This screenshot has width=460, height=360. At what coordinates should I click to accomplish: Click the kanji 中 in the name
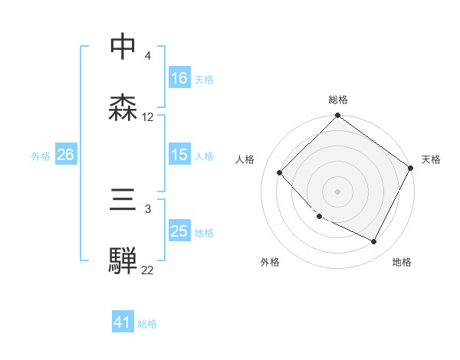(x=123, y=47)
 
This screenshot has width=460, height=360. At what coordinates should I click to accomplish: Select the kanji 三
(x=123, y=201)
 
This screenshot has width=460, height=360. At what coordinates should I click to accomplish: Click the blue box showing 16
(x=179, y=78)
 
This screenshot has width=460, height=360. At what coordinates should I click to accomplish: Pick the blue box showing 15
(x=179, y=155)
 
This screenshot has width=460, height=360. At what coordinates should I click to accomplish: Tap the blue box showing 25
(x=179, y=232)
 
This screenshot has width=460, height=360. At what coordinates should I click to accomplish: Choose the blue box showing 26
(x=65, y=155)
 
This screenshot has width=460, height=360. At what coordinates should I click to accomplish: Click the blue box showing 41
(x=123, y=323)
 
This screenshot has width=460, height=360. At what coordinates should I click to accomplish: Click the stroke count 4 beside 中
(x=147, y=56)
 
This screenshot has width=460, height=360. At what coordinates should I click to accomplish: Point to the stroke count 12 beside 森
(x=148, y=117)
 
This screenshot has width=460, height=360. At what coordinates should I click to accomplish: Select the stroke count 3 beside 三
(x=147, y=209)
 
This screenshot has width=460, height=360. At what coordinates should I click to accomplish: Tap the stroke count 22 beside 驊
(x=148, y=270)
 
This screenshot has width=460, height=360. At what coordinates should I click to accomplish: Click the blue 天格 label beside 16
(x=203, y=79)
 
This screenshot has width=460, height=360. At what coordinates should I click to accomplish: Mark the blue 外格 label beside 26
(x=41, y=156)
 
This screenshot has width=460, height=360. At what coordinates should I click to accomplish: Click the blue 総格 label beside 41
(x=147, y=324)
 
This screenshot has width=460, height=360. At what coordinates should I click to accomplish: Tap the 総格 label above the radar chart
(x=338, y=100)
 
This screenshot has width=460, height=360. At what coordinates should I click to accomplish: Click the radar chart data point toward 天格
(x=411, y=169)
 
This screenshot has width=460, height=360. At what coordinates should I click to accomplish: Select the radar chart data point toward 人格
(x=280, y=172)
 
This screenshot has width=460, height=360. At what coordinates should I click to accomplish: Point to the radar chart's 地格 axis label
(x=402, y=263)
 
